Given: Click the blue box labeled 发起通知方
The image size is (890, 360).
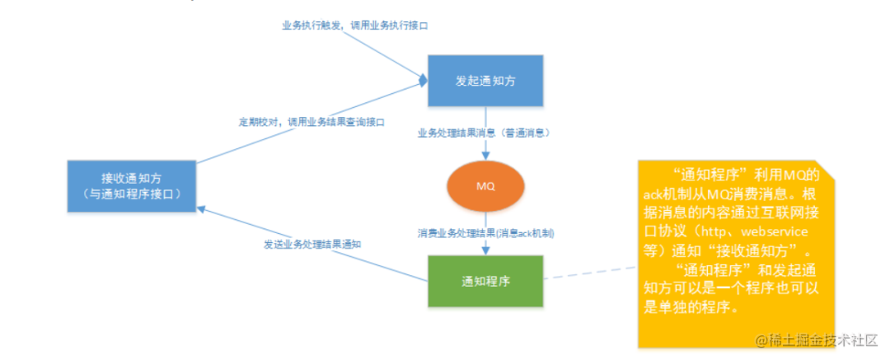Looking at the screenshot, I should [x=485, y=81].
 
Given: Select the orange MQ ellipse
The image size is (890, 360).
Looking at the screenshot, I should [x=485, y=185].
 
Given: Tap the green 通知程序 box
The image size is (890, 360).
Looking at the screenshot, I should [x=485, y=281].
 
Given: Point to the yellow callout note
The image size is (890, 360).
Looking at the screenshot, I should [x=735, y=247].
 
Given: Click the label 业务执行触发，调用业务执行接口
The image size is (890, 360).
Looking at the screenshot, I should [x=355, y=26].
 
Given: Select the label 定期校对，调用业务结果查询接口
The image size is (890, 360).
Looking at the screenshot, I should [x=312, y=122].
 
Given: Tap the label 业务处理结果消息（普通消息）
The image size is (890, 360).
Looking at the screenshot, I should [x=484, y=132].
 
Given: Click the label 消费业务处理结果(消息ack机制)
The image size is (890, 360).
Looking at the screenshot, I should [x=485, y=233].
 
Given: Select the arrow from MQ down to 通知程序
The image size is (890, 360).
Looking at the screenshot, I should [x=485, y=245].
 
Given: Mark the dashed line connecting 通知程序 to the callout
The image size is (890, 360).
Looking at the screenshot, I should [x=590, y=274].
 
